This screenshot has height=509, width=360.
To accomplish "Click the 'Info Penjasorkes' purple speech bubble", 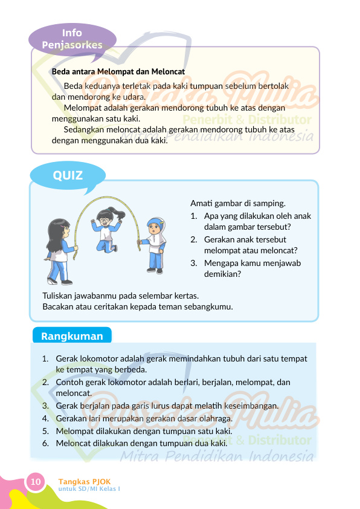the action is click(x=72, y=38).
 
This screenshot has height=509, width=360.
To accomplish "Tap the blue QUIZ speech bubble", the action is click(x=68, y=176).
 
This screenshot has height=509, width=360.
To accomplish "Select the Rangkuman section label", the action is click(x=72, y=336).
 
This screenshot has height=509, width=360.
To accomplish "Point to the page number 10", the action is click(x=35, y=482).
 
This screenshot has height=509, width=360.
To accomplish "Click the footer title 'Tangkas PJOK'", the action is click(x=85, y=481).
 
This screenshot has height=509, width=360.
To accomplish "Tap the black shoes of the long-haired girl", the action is click(x=60, y=282).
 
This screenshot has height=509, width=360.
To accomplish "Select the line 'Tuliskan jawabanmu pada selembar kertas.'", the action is click(x=120, y=296).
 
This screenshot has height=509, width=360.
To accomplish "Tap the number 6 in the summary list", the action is click(x=45, y=443).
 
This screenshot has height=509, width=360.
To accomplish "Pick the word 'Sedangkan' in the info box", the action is click(x=83, y=129).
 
